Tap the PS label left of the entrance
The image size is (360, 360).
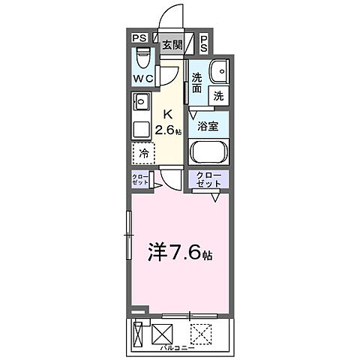click(139, 39)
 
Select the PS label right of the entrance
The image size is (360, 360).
click(205, 44)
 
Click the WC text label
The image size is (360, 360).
click(143, 77)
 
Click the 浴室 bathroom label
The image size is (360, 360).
click(208, 127)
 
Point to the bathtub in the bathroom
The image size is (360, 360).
click(210, 152)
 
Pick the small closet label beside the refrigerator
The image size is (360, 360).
click(139, 180)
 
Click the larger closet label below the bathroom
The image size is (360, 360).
click(209, 179)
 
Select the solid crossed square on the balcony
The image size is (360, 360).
click(163, 332)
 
